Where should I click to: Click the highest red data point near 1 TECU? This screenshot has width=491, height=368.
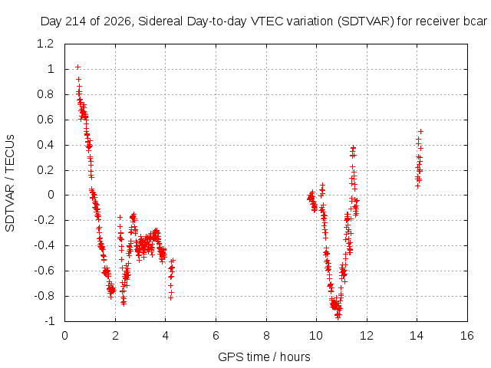(78, 67)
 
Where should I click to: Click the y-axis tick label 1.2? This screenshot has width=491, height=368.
(45, 44)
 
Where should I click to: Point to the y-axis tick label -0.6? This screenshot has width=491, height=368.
(44, 271)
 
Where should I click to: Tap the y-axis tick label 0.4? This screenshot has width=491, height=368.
(45, 145)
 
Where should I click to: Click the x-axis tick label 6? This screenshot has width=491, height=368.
(216, 336)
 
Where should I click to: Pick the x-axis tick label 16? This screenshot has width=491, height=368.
(467, 336)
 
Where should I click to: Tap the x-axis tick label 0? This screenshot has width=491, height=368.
(64, 336)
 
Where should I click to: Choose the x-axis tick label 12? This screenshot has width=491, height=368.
(367, 336)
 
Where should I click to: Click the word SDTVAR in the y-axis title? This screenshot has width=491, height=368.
(10, 208)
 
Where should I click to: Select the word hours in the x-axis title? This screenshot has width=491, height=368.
(295, 356)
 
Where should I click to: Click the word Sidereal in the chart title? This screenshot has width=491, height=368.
(161, 21)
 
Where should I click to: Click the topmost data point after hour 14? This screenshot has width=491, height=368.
(421, 131)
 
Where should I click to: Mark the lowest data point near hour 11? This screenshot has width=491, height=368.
(338, 317)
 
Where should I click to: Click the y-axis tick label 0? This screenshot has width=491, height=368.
(51, 195)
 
